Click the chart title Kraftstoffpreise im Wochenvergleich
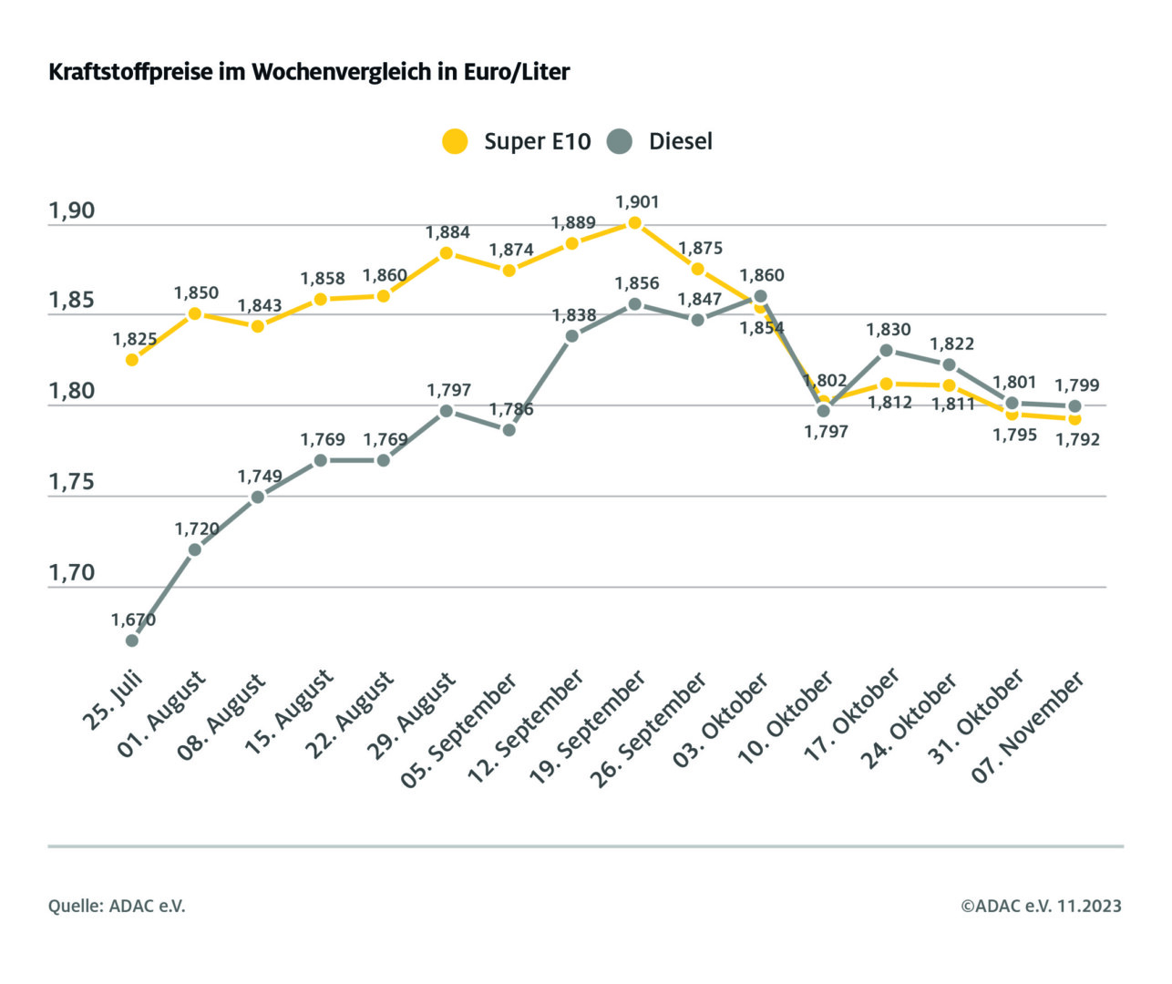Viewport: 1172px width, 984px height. (x=309, y=72)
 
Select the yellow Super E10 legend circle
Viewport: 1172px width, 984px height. (x=455, y=141)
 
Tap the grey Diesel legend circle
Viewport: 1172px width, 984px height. (x=620, y=141)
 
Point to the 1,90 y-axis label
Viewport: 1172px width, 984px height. (x=71, y=210)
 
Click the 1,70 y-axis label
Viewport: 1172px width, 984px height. (x=71, y=573)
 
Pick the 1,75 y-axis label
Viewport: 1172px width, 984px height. (x=71, y=482)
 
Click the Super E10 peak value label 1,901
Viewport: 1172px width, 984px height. (x=637, y=202)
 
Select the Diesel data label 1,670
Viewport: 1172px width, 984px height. (x=133, y=620)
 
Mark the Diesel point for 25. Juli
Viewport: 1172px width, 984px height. (x=132, y=641)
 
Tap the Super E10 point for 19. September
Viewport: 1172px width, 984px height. (x=635, y=222)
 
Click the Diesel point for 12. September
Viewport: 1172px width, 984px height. (x=572, y=336)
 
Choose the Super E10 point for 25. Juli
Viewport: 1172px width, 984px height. (x=132, y=360)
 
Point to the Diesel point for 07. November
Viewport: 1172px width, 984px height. (x=1074, y=406)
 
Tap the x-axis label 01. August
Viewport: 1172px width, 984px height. (x=162, y=715)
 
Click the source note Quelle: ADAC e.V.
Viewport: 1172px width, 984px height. (x=117, y=906)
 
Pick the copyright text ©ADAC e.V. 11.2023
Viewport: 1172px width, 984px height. (x=1041, y=906)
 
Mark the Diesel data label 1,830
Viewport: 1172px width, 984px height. (x=889, y=330)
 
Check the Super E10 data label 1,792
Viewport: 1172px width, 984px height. (x=1077, y=439)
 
